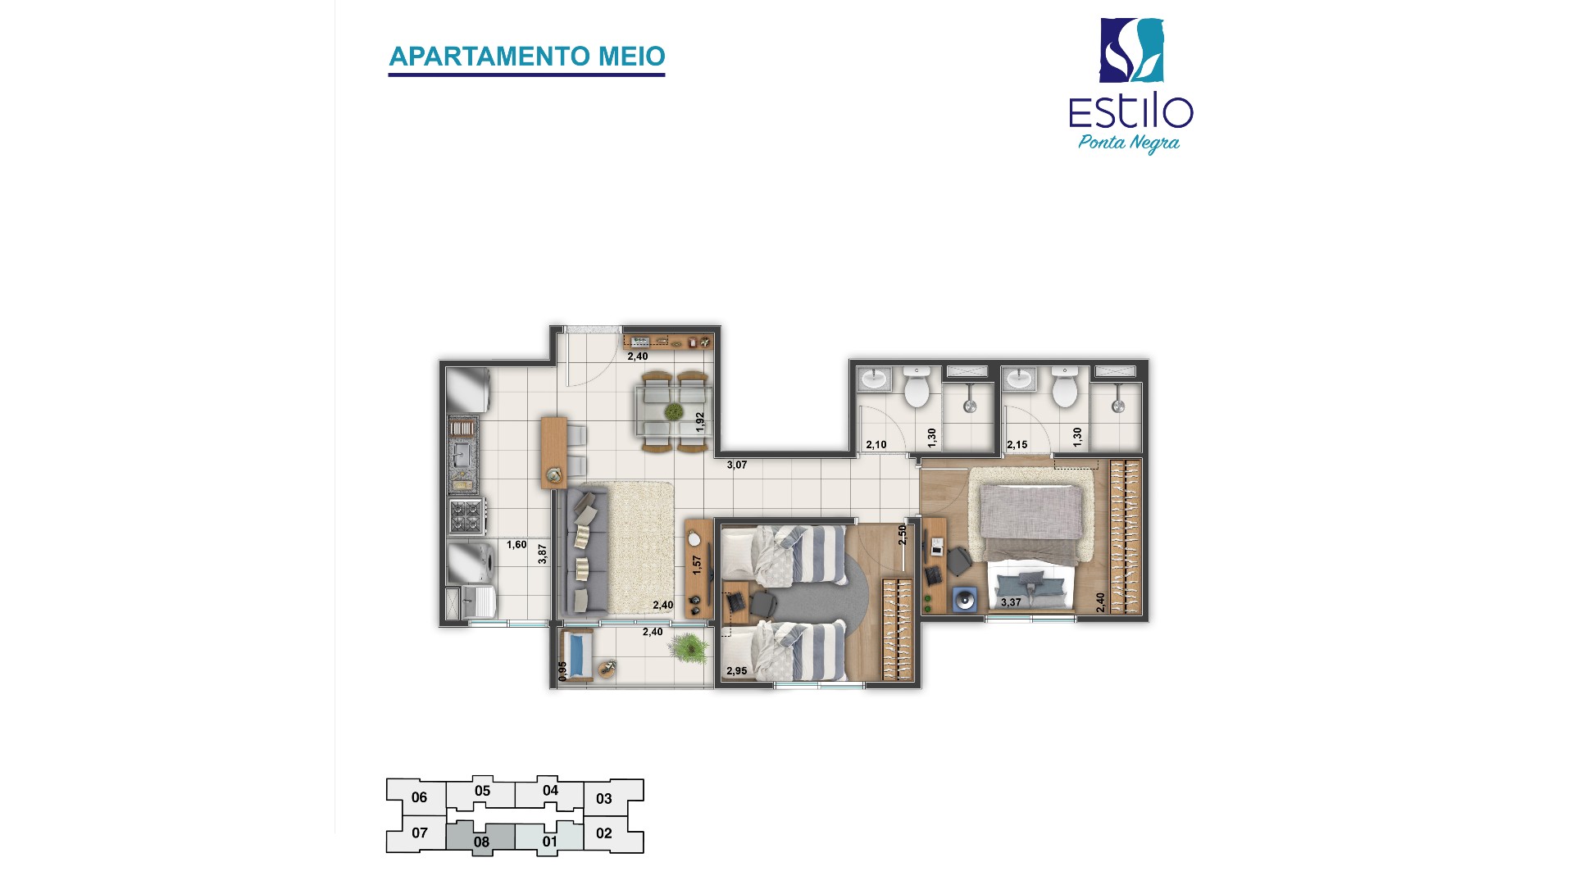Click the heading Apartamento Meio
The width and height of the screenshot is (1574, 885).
click(526, 57)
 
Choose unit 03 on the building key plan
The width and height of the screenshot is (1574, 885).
click(604, 799)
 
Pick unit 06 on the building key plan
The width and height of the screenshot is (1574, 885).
click(419, 797)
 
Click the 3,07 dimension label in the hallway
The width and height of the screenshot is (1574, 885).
click(737, 465)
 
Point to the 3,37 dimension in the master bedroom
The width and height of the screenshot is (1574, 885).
click(1011, 603)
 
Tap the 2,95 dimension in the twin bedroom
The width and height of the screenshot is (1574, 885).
click(736, 671)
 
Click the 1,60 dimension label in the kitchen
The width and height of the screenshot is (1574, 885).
click(516, 544)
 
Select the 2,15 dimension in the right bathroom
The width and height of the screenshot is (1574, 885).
click(1017, 445)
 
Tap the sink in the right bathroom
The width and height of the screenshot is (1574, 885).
click(1019, 379)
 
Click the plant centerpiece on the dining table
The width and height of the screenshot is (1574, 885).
click(674, 411)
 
